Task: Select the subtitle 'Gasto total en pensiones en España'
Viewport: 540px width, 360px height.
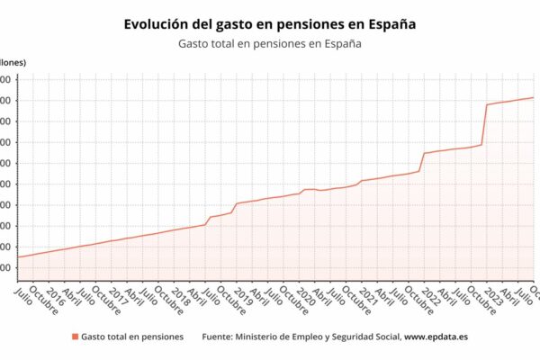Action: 269,43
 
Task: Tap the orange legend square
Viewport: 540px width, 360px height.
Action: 74,337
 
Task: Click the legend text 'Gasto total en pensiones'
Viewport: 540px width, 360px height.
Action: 131,337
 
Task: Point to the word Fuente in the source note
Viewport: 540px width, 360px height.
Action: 220,337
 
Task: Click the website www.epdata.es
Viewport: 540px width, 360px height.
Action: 436,337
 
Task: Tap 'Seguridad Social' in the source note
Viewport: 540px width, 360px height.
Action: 362,337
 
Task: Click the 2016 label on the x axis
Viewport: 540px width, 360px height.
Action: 54,297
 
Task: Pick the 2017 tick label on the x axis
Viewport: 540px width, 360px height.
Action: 117,297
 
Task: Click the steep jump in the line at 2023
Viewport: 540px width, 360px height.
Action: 484,124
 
